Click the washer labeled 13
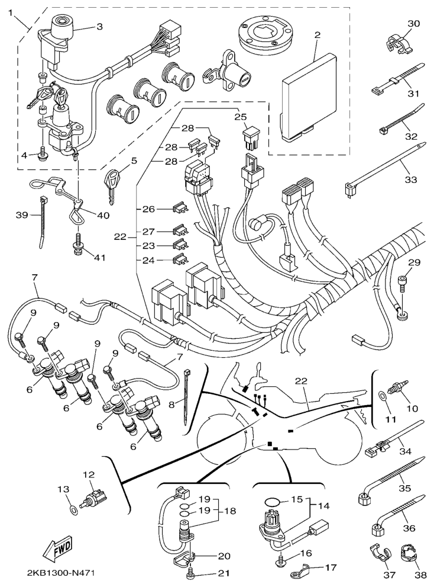(x=74, y=509)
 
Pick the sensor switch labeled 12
(x=95, y=496)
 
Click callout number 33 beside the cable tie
(x=411, y=179)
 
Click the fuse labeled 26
(x=179, y=209)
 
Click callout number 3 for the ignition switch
(x=99, y=26)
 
